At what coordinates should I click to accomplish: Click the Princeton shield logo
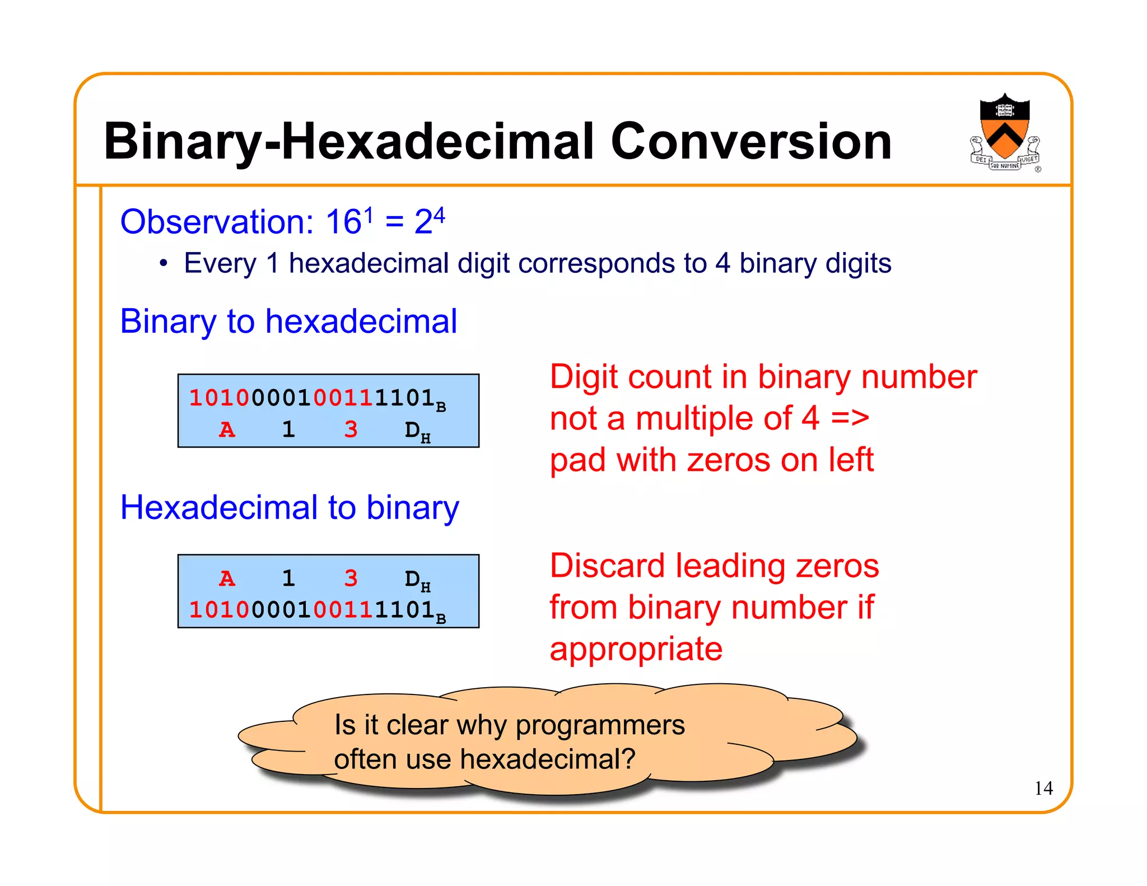point(1005,132)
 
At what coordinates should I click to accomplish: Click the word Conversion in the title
point(750,142)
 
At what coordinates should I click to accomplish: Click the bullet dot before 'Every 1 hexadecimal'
point(163,263)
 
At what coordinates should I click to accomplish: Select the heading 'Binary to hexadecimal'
point(288,321)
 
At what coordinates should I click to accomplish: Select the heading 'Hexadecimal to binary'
point(290,508)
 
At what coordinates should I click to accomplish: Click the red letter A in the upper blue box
point(227,430)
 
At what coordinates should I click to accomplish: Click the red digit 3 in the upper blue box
point(351,430)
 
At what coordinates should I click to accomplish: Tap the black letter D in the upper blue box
point(412,430)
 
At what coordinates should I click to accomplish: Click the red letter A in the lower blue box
point(227,579)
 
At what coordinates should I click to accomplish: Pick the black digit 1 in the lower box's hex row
point(288,579)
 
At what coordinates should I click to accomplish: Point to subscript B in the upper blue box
point(441,407)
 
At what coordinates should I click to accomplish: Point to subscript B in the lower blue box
point(441,619)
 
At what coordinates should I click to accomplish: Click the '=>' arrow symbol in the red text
point(850,418)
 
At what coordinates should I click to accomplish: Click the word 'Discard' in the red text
point(608,566)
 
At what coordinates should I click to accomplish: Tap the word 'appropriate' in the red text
point(636,650)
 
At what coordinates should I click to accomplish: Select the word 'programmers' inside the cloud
point(600,725)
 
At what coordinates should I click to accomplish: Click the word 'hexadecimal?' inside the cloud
point(548,760)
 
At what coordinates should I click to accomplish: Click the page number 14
point(1043,789)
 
